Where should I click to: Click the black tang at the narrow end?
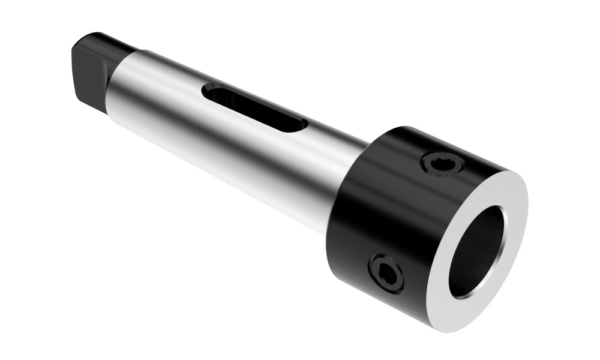[x=96, y=66]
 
